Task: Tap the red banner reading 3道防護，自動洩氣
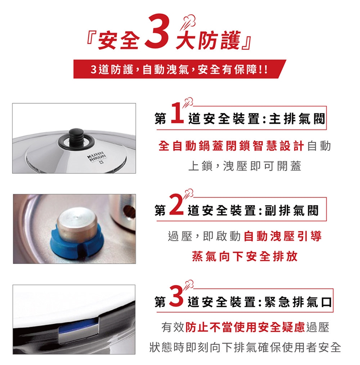click(x=179, y=69)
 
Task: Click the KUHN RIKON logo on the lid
click(x=97, y=157)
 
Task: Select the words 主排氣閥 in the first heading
click(x=297, y=119)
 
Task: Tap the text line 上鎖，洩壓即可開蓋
click(x=244, y=166)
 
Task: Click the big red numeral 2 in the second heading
click(x=176, y=204)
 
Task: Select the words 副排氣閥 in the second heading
click(x=291, y=210)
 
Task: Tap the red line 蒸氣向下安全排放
click(x=245, y=256)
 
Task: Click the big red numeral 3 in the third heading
click(x=177, y=296)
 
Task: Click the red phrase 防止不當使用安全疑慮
click(x=245, y=327)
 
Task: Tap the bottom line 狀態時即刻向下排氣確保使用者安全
click(x=245, y=347)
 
